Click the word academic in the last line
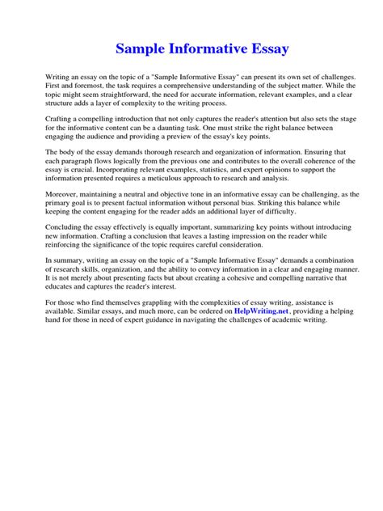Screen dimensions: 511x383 click(x=288, y=319)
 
